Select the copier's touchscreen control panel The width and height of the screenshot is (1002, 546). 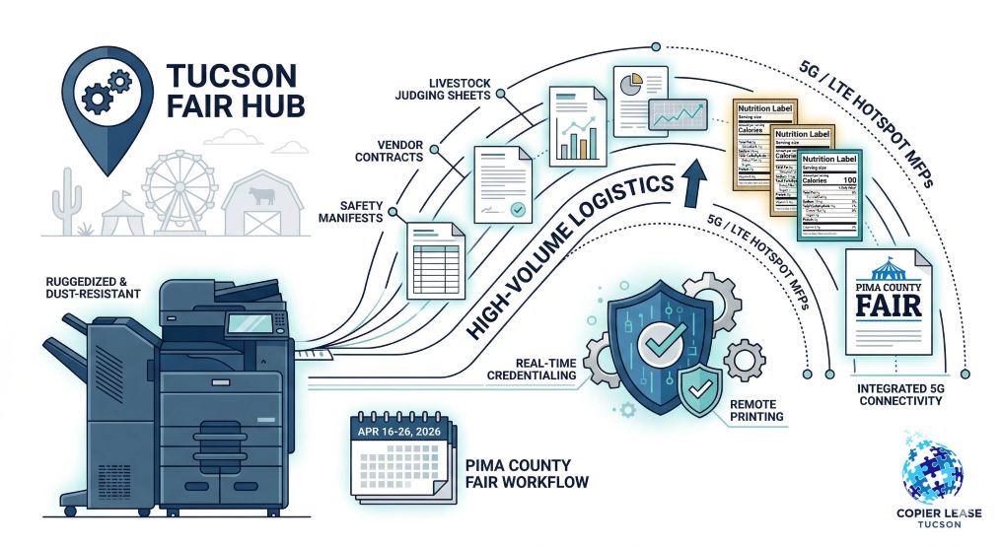pyautogui.click(x=246, y=322)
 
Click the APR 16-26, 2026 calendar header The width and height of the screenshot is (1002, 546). pyautogui.click(x=399, y=432)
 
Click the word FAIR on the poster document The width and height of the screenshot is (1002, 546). pyautogui.click(x=886, y=303)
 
